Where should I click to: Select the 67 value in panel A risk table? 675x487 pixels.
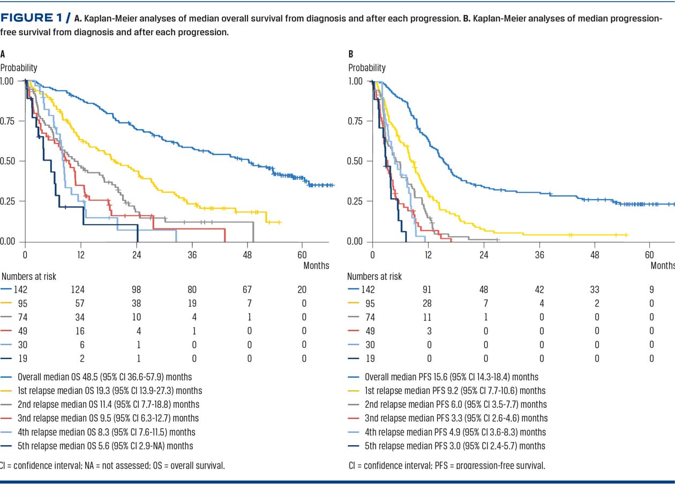coord(249,290)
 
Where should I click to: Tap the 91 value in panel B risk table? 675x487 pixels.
coord(427,290)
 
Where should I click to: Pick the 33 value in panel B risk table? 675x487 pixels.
coord(595,290)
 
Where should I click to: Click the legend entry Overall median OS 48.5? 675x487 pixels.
coord(104,377)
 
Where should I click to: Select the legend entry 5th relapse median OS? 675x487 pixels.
coord(105,446)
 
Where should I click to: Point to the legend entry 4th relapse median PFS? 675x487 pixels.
coord(455,432)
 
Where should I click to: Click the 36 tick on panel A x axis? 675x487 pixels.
coord(192,254)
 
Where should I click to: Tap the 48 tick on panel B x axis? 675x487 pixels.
coord(595,254)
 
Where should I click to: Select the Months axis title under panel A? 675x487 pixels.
coord(316,265)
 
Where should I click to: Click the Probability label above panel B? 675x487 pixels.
coord(367,68)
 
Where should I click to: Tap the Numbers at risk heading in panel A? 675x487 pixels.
coord(29,277)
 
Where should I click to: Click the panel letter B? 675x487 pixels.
coord(351,54)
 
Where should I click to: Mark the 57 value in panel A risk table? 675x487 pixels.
coord(81,303)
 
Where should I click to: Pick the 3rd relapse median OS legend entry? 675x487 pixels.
coord(108,418)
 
